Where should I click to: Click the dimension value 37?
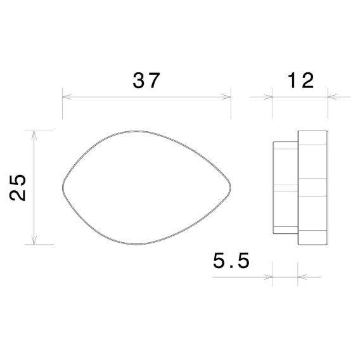(146, 80)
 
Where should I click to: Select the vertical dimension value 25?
(19, 188)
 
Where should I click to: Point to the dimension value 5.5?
(232, 260)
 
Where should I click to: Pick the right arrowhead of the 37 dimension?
(228, 97)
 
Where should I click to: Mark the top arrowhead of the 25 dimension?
(34, 134)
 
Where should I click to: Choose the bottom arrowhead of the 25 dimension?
(34, 241)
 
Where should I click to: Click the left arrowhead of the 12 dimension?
(270, 97)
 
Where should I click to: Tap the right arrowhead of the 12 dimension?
(330, 97)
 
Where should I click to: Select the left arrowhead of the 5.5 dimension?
(269, 276)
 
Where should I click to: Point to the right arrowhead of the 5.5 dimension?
(300, 276)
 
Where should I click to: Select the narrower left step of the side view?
(285, 188)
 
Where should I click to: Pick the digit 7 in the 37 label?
(155, 80)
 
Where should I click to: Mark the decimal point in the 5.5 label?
(232, 267)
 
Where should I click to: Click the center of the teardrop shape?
(146, 188)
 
